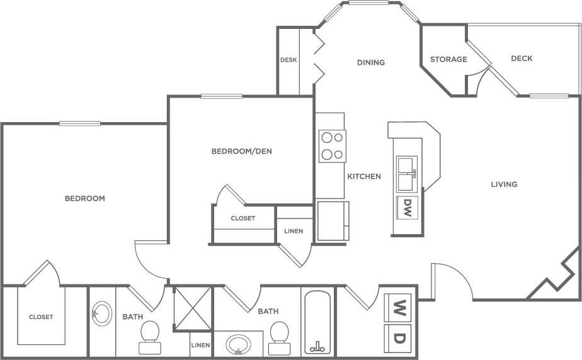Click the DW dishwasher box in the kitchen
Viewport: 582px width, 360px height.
[x=407, y=206]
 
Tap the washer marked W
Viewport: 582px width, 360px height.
[x=397, y=308]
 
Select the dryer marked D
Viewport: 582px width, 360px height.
[x=397, y=338]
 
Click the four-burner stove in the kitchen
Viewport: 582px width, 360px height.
[x=332, y=146]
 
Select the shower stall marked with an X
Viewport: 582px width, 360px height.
[x=193, y=308]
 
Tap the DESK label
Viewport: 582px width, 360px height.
[x=288, y=60]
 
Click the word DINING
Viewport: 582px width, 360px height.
[x=370, y=62]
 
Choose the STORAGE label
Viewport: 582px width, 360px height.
[x=448, y=59]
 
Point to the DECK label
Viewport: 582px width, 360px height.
[x=522, y=59]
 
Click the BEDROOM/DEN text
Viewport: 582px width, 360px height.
[x=241, y=151]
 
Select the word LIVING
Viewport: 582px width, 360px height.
[x=504, y=184]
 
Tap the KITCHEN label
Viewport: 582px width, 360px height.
[x=364, y=176]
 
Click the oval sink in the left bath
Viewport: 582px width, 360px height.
[x=101, y=312]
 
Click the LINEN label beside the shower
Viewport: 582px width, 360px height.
[x=201, y=345]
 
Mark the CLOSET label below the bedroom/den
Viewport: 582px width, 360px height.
[x=243, y=218]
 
